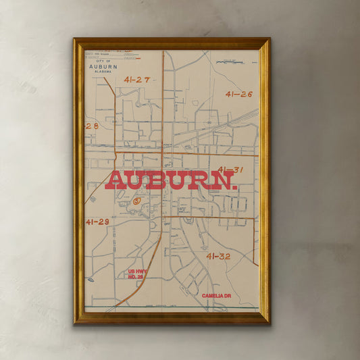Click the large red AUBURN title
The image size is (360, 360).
tap(172, 180)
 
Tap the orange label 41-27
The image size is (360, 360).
tap(136, 80)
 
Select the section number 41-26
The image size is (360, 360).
tap(238, 94)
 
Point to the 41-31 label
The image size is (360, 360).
tap(230, 170)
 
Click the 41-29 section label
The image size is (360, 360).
tap(97, 222)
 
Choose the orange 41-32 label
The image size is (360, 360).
tap(218, 256)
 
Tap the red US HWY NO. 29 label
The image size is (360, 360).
tap(136, 274)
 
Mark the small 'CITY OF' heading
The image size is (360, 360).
tap(103, 61)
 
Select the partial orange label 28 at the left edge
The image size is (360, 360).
tap(92, 126)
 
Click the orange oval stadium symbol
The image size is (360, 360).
tap(137, 200)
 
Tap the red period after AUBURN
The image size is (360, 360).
tap(234, 186)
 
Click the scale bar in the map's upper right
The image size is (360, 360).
tap(234, 62)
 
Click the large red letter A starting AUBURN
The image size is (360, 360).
tap(116, 180)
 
